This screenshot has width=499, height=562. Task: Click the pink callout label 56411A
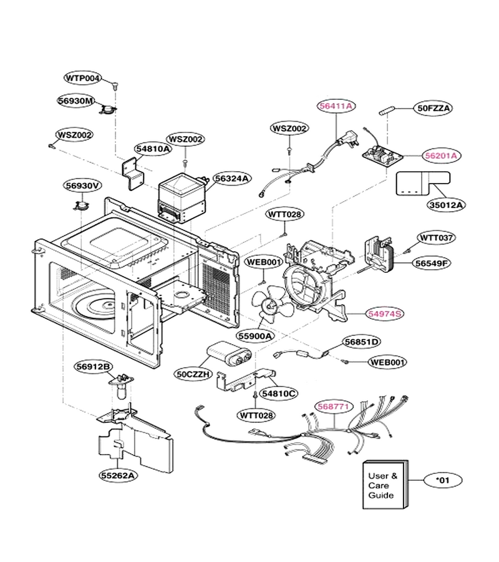click(336, 106)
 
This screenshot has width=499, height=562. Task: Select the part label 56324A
click(232, 179)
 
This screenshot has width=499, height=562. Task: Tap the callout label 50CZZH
click(193, 374)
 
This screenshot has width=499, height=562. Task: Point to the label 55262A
click(118, 476)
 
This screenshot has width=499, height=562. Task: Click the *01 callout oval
click(443, 480)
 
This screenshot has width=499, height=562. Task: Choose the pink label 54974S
click(385, 313)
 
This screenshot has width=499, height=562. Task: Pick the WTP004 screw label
click(83, 78)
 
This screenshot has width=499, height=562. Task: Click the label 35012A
click(445, 205)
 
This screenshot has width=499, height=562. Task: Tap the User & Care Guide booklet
click(385, 485)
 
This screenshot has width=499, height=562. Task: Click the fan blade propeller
click(273, 304)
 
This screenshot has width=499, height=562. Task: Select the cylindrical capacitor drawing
click(229, 352)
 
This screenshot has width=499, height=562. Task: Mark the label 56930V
click(83, 185)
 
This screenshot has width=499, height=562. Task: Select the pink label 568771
click(334, 407)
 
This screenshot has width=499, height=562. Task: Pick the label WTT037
click(436, 238)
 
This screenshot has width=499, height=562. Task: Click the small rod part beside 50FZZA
click(387, 111)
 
